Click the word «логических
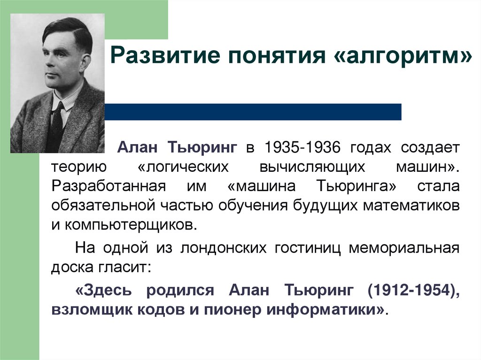click(x=183, y=167)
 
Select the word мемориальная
click(x=403, y=247)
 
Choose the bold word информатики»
click(x=328, y=310)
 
